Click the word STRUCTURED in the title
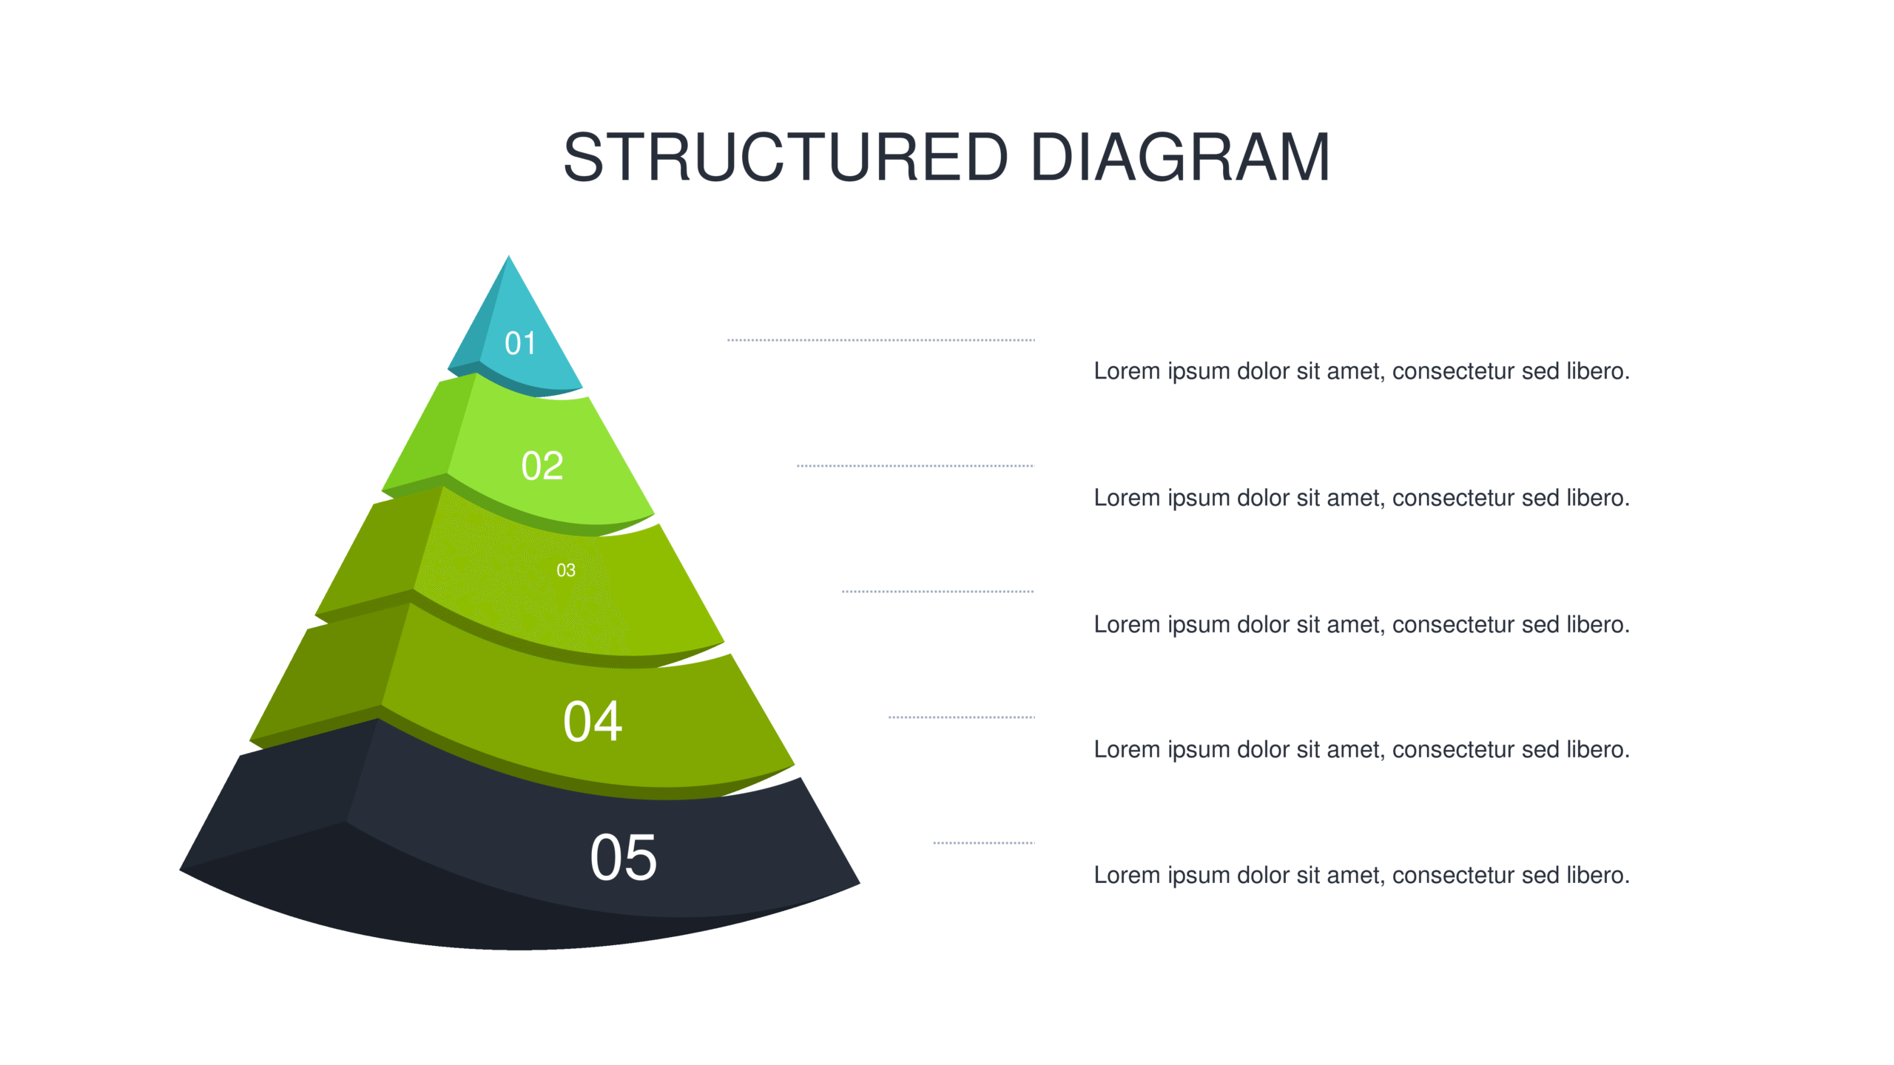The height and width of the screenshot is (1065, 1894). pyautogui.click(x=786, y=157)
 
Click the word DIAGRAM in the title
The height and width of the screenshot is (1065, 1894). pyautogui.click(x=1181, y=157)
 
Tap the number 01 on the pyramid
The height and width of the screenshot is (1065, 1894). pyautogui.click(x=520, y=343)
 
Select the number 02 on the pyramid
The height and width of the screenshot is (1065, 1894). pyautogui.click(x=542, y=466)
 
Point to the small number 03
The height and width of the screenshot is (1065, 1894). pyautogui.click(x=566, y=570)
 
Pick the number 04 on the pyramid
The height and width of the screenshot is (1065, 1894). pyautogui.click(x=593, y=721)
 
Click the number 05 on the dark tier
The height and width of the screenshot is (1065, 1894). pyautogui.click(x=623, y=857)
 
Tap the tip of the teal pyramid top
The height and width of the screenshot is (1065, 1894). pyautogui.click(x=508, y=256)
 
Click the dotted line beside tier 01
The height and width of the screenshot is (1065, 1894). pyautogui.click(x=881, y=340)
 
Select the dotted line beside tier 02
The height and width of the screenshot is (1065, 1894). pyautogui.click(x=915, y=466)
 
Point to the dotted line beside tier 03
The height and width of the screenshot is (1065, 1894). pyautogui.click(x=938, y=592)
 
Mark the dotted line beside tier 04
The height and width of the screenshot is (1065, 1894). pyautogui.click(x=962, y=717)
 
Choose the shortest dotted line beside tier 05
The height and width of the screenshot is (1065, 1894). pyautogui.click(x=984, y=843)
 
